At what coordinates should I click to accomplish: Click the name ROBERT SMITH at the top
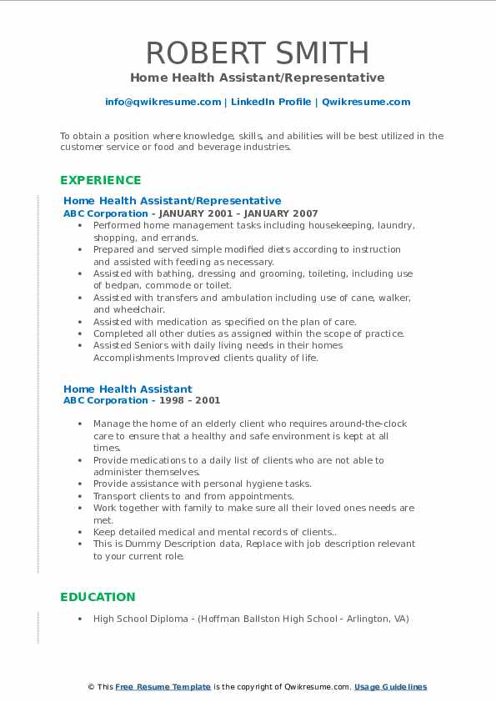click(257, 53)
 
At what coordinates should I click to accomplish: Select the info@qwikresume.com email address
click(163, 102)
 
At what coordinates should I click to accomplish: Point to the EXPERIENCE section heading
click(100, 180)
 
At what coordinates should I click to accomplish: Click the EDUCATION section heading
click(98, 597)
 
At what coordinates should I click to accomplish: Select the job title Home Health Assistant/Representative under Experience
click(172, 201)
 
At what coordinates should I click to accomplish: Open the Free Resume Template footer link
click(163, 687)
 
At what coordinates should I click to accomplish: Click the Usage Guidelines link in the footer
click(390, 687)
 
